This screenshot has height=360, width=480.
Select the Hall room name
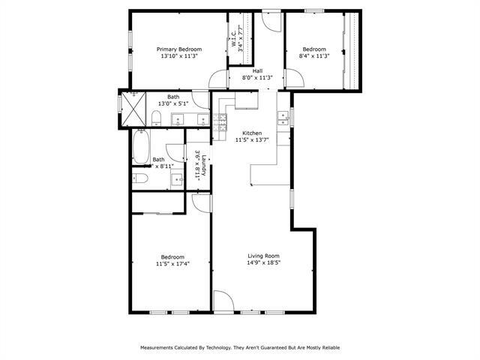[256, 70]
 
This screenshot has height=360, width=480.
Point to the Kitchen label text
[251, 133]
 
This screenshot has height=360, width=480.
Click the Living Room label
[264, 255]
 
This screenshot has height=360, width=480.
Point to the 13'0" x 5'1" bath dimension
[173, 103]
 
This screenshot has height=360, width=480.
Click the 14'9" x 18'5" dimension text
[264, 262]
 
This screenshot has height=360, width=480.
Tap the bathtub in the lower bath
[141, 145]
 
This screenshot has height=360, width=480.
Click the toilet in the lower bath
[140, 178]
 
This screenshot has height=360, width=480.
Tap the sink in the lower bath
[177, 178]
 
